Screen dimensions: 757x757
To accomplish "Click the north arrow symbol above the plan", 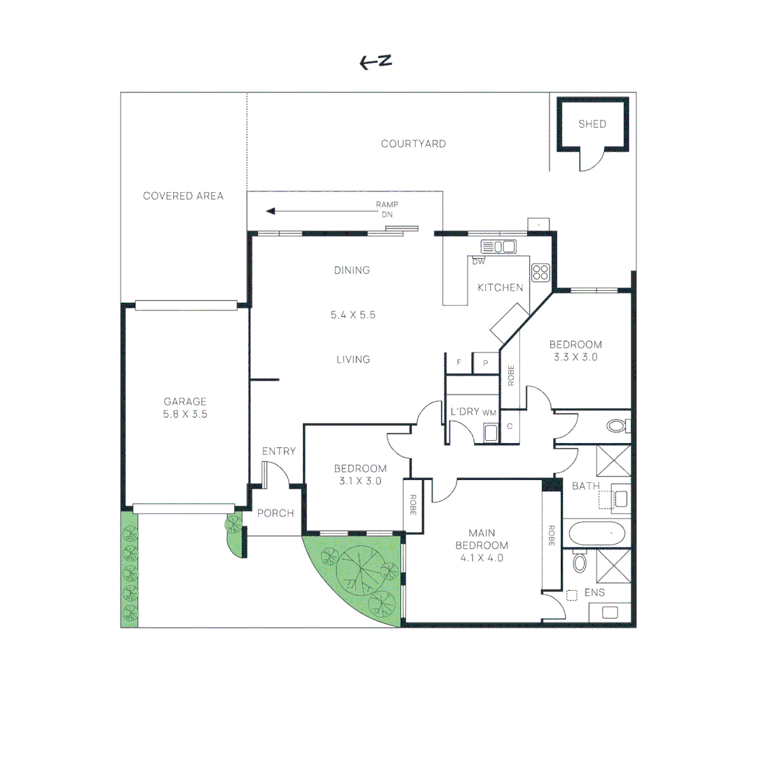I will point(375,62).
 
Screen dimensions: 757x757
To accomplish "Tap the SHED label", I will point(592,124).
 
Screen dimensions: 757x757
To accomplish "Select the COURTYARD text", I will point(413,144).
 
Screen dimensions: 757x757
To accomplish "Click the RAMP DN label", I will point(387,210).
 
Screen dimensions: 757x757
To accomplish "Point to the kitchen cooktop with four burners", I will point(540,272).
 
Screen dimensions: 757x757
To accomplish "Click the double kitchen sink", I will point(498,246).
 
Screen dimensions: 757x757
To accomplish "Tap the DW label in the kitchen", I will point(479,262).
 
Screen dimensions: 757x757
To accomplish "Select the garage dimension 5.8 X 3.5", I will point(185,414).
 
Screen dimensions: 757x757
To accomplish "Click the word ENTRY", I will point(279,451).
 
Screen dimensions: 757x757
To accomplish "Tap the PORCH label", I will point(275,513).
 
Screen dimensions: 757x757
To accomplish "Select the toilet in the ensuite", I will point(579,562).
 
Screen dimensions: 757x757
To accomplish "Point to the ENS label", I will point(594,592).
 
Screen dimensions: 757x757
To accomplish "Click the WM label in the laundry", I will point(489,413).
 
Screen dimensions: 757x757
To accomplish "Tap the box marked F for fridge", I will point(459,362).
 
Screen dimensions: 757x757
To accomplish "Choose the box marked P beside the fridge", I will point(485,362).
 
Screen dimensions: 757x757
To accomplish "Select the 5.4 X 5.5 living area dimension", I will point(353,315).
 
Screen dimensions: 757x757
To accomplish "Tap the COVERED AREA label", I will point(183,196).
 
